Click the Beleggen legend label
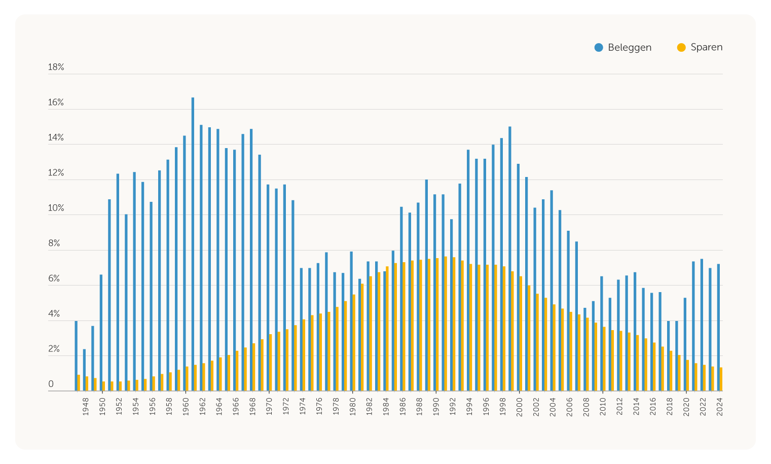(x=629, y=48)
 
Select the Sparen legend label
(x=706, y=48)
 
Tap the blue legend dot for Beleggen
(x=599, y=48)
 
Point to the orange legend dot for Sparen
(x=681, y=48)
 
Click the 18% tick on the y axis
(x=56, y=67)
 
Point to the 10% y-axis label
(x=56, y=208)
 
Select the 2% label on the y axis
(x=54, y=349)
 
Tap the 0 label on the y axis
(x=51, y=384)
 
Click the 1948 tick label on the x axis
(x=86, y=407)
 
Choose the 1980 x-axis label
(x=353, y=407)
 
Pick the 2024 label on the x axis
(x=720, y=407)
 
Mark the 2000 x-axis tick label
(x=520, y=407)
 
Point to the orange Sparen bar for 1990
(x=437, y=325)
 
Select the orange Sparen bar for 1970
(x=271, y=362)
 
